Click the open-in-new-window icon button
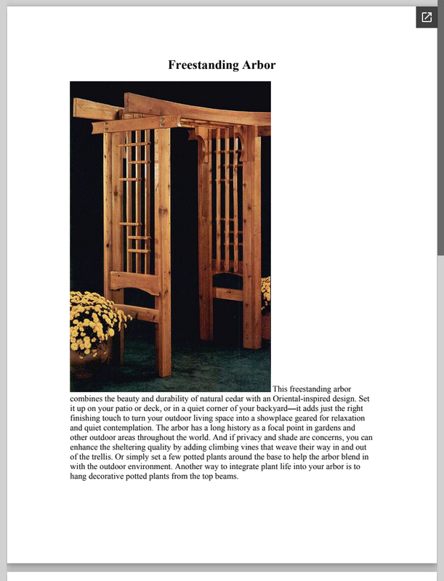click(x=427, y=17)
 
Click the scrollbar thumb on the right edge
click(x=440, y=131)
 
